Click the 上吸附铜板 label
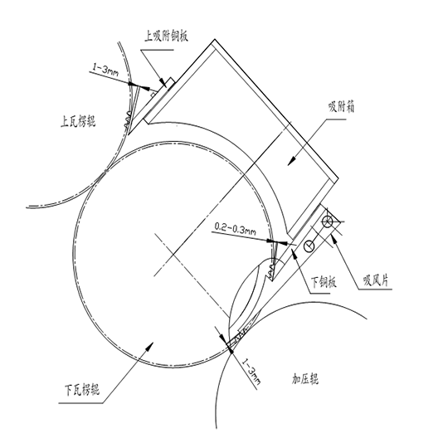166,37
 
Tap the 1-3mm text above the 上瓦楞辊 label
105,70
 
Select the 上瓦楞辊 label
78,121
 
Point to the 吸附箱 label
341,107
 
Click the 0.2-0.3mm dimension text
235,229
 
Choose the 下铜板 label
324,282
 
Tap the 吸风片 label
376,280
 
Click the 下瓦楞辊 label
83,389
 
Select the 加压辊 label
304,379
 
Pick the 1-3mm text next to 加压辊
251,372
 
